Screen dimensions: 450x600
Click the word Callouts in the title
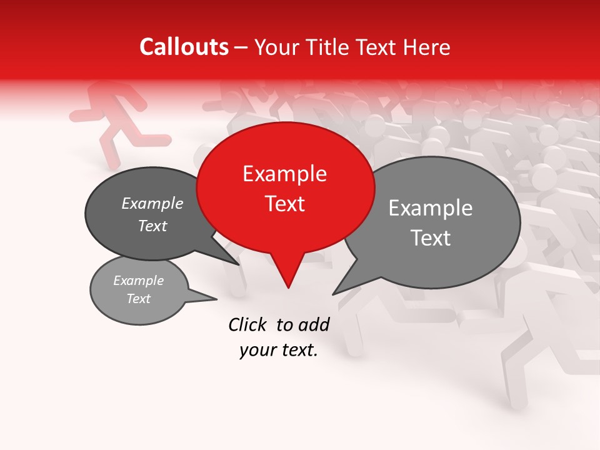point(184,47)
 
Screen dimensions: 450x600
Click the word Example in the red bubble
point(284,174)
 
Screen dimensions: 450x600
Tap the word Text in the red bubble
point(284,204)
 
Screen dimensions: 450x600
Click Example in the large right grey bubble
point(431,208)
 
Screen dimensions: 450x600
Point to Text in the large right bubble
point(431,238)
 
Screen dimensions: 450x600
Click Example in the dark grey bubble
point(152,204)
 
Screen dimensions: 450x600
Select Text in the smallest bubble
point(138,299)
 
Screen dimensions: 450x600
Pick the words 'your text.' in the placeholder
point(278,351)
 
